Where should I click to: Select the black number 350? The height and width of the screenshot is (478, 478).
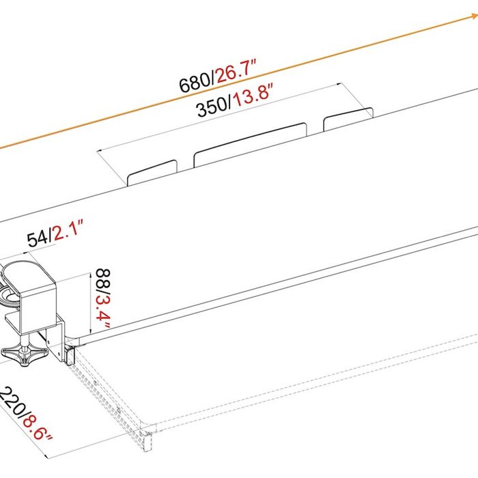(212, 107)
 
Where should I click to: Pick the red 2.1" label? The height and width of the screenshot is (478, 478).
(68, 230)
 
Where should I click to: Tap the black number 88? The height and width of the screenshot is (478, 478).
(103, 279)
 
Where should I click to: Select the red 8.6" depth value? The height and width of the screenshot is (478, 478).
(37, 426)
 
